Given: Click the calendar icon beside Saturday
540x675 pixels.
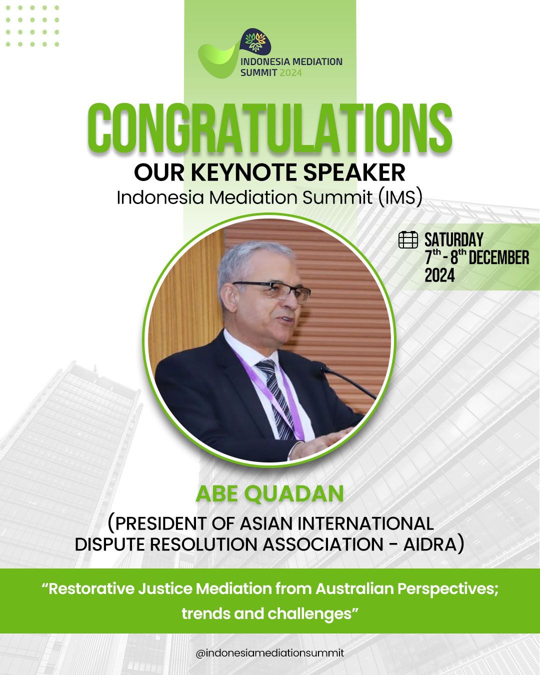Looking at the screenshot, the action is coord(408,240).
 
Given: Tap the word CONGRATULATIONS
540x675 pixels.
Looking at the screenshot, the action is coord(270,129).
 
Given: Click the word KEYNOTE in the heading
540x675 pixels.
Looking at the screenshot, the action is coord(243,172).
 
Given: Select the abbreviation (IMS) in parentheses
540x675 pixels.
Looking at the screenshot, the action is coord(400,198).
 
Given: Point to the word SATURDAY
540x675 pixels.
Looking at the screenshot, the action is coord(453,240).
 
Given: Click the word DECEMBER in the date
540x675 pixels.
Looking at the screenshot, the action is coord(499,258).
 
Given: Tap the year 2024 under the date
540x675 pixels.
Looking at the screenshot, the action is coord(439,275).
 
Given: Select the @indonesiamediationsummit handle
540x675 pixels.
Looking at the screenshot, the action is coord(270,653).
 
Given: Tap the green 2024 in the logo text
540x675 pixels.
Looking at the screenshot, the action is coord(290,73).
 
